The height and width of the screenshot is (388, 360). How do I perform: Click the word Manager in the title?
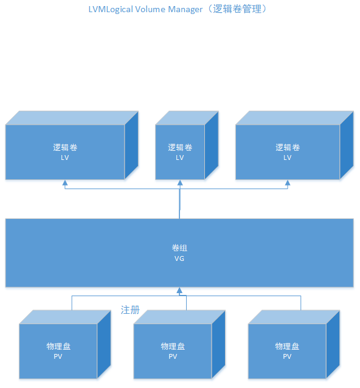pyautogui.click(x=185, y=9)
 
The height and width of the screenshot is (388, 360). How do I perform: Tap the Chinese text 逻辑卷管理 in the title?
pyautogui.click(x=237, y=9)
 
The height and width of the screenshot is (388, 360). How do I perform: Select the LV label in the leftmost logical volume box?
pyautogui.click(x=65, y=158)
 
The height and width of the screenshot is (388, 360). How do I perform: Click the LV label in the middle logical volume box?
pyautogui.click(x=180, y=158)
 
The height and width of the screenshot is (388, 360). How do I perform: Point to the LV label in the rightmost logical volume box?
pyautogui.click(x=288, y=158)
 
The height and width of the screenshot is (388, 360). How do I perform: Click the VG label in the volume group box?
pyautogui.click(x=179, y=258)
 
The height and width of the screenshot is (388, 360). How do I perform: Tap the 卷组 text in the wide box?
pyautogui.click(x=179, y=248)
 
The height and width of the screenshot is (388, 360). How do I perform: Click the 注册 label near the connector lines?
pyautogui.click(x=130, y=310)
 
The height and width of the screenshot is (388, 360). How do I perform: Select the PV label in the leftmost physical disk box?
pyautogui.click(x=58, y=356)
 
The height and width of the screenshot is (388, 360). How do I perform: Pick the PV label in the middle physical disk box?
pyautogui.click(x=173, y=356)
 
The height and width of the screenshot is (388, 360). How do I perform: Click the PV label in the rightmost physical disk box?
pyautogui.click(x=287, y=356)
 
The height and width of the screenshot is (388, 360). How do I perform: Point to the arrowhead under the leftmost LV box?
pyautogui.click(x=65, y=183)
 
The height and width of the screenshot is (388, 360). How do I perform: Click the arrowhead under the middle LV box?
pyautogui.click(x=180, y=183)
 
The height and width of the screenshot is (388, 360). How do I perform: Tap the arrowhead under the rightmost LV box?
pyautogui.click(x=288, y=183)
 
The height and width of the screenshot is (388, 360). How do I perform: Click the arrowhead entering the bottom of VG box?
pyautogui.click(x=179, y=291)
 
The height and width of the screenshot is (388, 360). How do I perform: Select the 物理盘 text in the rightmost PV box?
pyautogui.click(x=287, y=347)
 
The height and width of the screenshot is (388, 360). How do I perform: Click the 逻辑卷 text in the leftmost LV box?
pyautogui.click(x=65, y=148)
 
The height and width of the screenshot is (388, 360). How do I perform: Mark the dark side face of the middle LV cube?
pyautogui.click(x=212, y=145)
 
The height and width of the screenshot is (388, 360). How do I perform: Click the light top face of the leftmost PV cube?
pyautogui.click(x=65, y=317)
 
